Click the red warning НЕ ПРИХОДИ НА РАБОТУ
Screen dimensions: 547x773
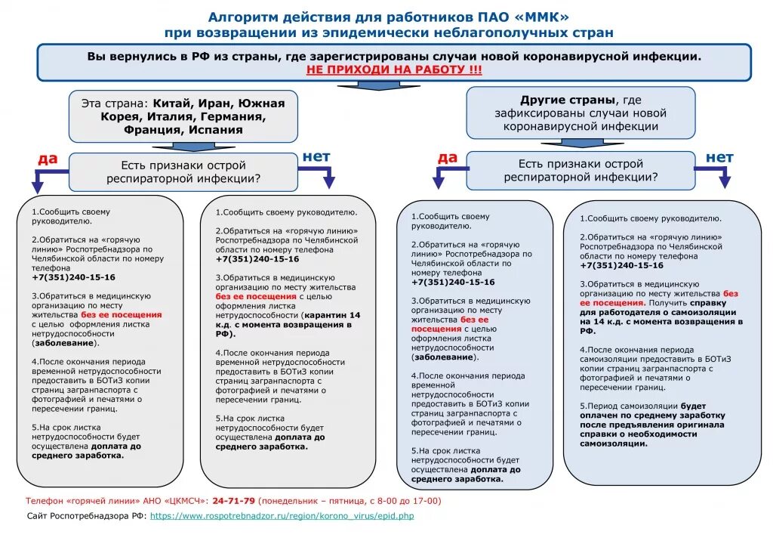tap(394, 70)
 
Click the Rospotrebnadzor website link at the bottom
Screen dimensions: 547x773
tap(282, 516)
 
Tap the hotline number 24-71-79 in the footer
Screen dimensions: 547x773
tap(234, 501)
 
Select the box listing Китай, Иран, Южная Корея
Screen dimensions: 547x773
tap(183, 116)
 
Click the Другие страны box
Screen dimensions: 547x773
tap(581, 113)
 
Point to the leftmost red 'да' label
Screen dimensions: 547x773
tap(48, 159)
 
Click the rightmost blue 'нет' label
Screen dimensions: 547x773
tap(719, 157)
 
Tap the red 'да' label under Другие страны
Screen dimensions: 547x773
tap(448, 157)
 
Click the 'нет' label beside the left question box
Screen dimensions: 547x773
tap(316, 156)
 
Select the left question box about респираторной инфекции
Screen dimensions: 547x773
tap(183, 172)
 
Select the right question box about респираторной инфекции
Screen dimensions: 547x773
tap(581, 170)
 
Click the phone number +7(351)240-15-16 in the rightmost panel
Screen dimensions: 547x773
tap(621, 265)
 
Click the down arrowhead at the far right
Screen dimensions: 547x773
tap(724, 182)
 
